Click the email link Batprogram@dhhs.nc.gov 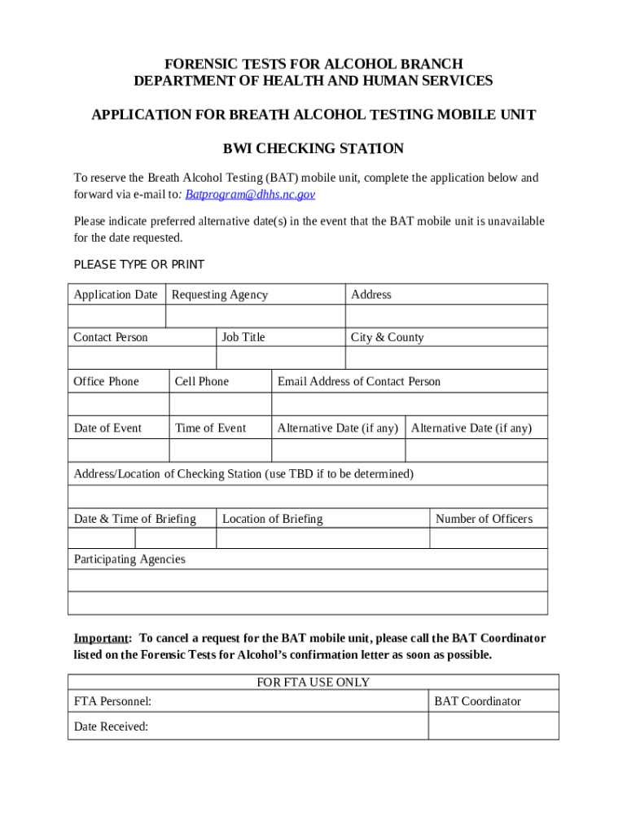[250, 195]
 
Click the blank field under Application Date [117, 316]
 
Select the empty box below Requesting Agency [255, 316]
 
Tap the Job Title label [243, 337]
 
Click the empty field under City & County [446, 358]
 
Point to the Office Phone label [107, 381]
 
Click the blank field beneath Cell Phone [220, 404]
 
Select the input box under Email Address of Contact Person [410, 404]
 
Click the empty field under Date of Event [118, 450]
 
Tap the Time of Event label [210, 428]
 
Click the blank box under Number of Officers [489, 538]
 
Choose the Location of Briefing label [272, 519]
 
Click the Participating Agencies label [129, 559]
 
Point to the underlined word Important [102, 638]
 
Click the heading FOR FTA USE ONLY [313, 683]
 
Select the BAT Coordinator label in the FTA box [477, 701]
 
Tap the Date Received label [111, 726]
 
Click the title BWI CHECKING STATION [313, 149]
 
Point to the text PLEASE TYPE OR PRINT [139, 265]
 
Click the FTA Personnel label [112, 701]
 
